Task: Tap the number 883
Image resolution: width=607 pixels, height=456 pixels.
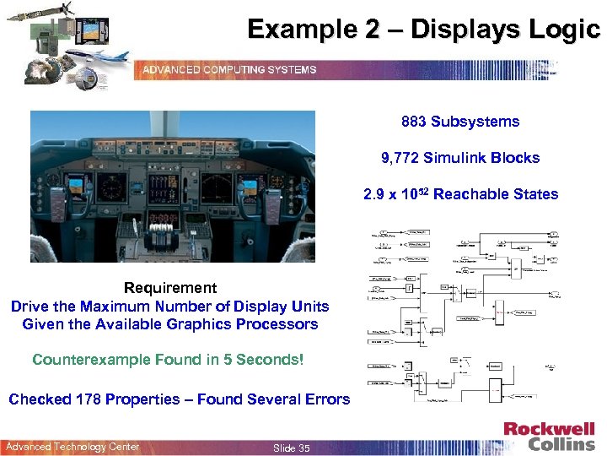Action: point(413,122)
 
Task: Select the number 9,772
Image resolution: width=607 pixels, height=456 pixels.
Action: point(400,158)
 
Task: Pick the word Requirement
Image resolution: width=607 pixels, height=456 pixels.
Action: point(170,288)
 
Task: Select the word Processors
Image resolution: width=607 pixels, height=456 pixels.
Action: point(276,323)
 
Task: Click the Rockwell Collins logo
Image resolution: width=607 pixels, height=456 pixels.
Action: point(549,437)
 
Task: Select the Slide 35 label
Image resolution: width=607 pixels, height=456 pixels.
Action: point(292,448)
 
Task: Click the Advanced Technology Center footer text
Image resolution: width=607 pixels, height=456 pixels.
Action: point(73,447)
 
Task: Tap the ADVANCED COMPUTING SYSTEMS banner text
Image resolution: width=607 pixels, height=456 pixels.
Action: point(228,69)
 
